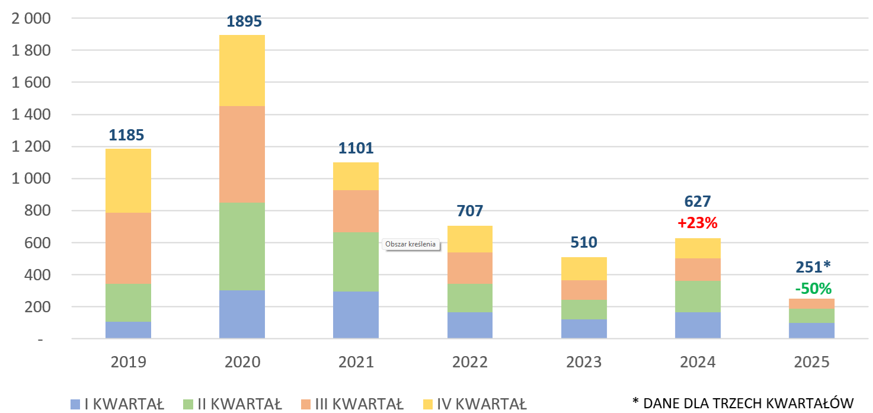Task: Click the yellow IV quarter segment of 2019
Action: (x=128, y=180)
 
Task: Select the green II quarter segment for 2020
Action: (x=242, y=246)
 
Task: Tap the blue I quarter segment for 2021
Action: (x=356, y=315)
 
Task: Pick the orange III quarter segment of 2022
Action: (x=469, y=268)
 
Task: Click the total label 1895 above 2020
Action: (x=244, y=21)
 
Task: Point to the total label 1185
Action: (x=126, y=135)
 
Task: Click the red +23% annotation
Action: (x=698, y=223)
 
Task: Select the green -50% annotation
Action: (x=813, y=289)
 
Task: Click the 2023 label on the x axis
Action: (x=584, y=362)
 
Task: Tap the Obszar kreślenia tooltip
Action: (x=410, y=244)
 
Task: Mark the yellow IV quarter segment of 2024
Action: (x=698, y=248)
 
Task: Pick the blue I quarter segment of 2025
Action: (x=811, y=331)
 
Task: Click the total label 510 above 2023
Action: (x=584, y=242)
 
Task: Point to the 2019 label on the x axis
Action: (x=128, y=362)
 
